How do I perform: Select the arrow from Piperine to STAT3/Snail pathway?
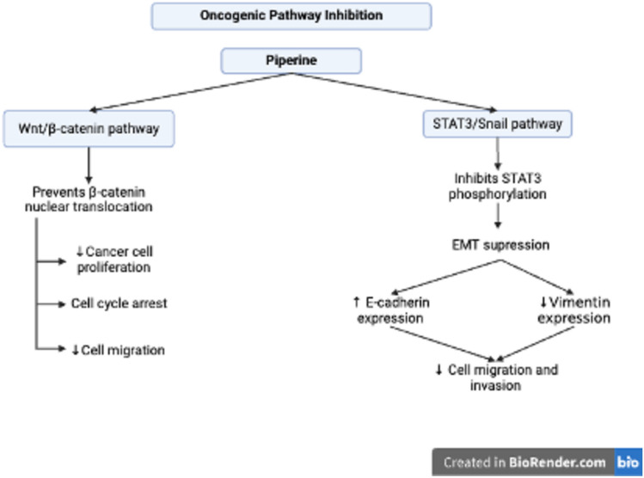(396, 94)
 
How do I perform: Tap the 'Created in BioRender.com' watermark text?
(524, 463)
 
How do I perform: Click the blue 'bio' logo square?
(628, 463)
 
